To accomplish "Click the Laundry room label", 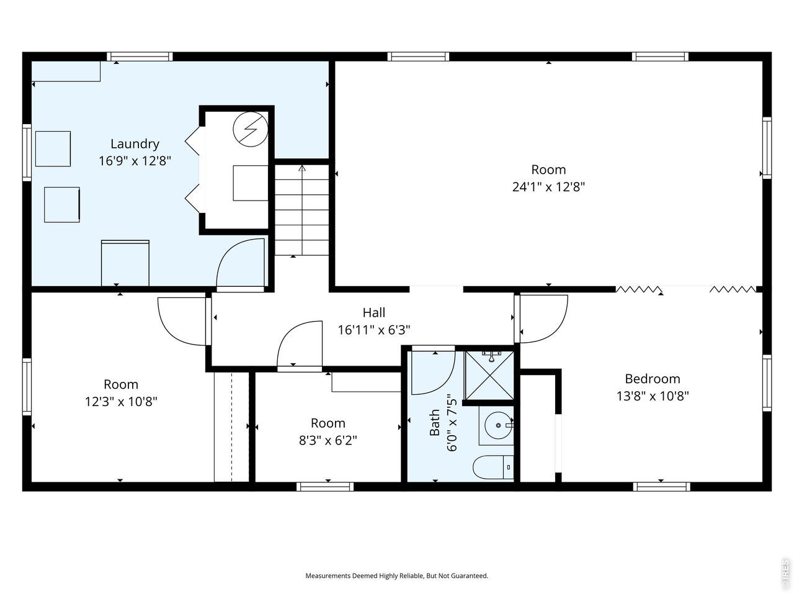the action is [x=135, y=144].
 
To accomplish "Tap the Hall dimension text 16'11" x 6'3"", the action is [x=373, y=330].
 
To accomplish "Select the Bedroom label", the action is [x=652, y=379].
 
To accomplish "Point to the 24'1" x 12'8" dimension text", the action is [x=548, y=187].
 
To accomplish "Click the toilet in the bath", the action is [x=493, y=467].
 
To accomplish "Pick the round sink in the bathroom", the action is [x=499, y=425].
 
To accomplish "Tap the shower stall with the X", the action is [x=489, y=376].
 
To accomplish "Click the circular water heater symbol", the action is [x=251, y=129].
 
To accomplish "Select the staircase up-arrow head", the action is [x=302, y=168].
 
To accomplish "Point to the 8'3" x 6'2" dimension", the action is [x=328, y=440].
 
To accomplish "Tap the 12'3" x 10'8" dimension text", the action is [x=121, y=401].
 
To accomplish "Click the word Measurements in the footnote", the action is [x=328, y=576].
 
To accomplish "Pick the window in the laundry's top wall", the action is [x=140, y=56].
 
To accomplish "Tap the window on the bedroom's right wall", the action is [x=767, y=383].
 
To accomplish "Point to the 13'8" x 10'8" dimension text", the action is [x=653, y=396].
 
